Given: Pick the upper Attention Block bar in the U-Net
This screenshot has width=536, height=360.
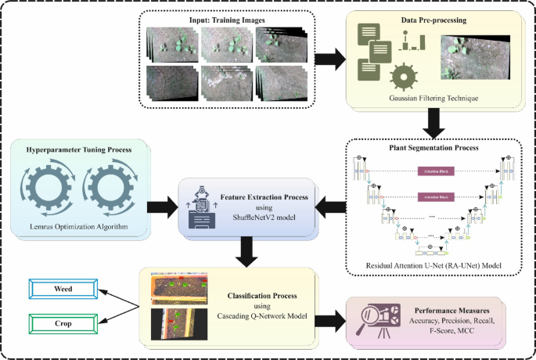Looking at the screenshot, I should click(432, 170).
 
